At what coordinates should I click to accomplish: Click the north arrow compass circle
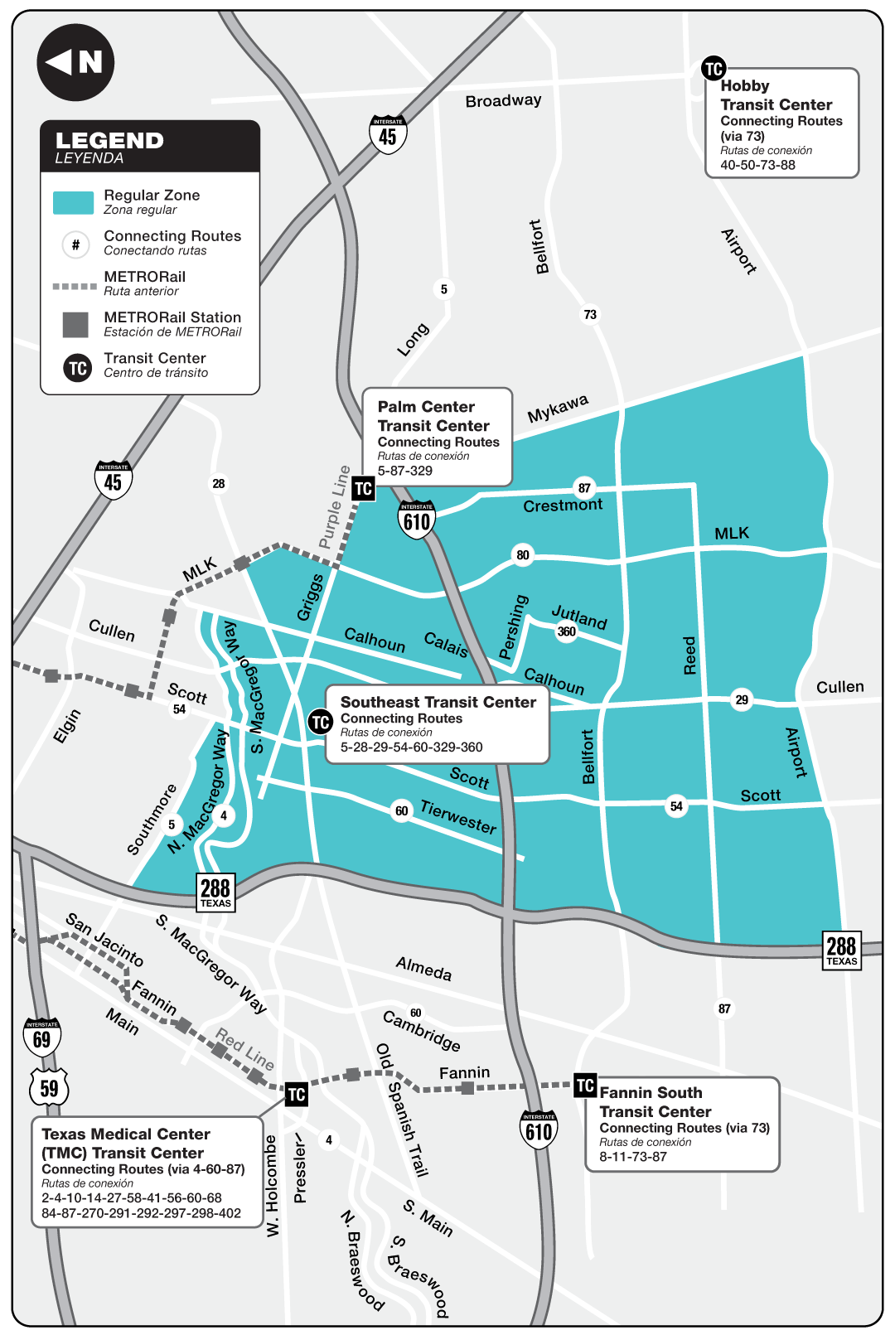[75, 62]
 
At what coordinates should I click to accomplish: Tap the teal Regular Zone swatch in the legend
[73, 203]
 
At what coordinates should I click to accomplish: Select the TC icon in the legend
[78, 368]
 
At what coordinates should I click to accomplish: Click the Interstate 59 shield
[49, 1088]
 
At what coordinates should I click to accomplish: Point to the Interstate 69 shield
[42, 1038]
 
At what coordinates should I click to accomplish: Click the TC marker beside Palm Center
[363, 489]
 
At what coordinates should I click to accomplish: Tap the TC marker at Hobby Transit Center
[714, 69]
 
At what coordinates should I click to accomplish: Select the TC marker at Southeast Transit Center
[321, 723]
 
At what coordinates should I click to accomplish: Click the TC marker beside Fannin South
[585, 1086]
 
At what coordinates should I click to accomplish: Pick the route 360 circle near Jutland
[567, 631]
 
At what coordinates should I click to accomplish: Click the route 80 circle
[523, 555]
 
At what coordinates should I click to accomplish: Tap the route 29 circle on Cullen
[742, 700]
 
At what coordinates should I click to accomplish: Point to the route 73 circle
[590, 315]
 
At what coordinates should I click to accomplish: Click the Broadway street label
[503, 101]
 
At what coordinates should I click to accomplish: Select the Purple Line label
[335, 507]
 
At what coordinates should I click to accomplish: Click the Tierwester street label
[458, 817]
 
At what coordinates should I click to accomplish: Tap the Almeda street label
[423, 968]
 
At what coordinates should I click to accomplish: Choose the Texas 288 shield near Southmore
[215, 892]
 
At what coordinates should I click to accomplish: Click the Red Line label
[244, 1048]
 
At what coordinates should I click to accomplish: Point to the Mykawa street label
[558, 408]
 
